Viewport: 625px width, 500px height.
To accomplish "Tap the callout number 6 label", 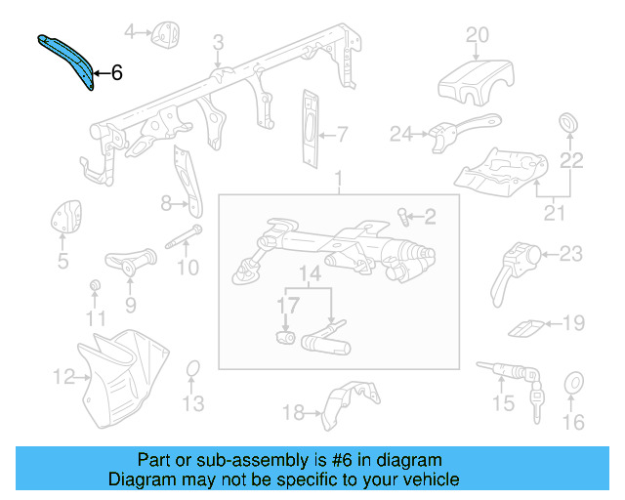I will coord(117,72).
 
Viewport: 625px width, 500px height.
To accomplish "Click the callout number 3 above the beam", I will coord(218,42).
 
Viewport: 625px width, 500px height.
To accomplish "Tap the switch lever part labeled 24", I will coord(444,135).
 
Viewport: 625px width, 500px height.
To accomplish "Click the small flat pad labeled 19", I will coord(523,325).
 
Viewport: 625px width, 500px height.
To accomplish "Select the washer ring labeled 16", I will coord(573,383).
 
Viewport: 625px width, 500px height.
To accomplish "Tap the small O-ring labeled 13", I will coord(193,367).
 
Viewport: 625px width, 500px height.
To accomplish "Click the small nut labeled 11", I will coord(96,285).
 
